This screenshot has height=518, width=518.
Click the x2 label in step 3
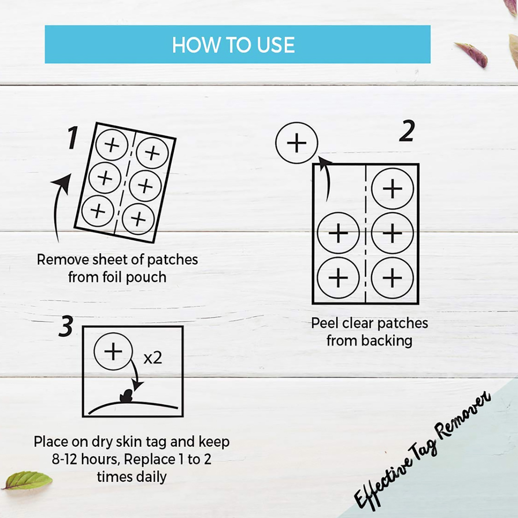pos(152,358)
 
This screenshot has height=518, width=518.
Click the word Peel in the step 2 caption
pos(325,323)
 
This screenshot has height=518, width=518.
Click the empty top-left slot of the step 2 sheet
pos(339,188)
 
